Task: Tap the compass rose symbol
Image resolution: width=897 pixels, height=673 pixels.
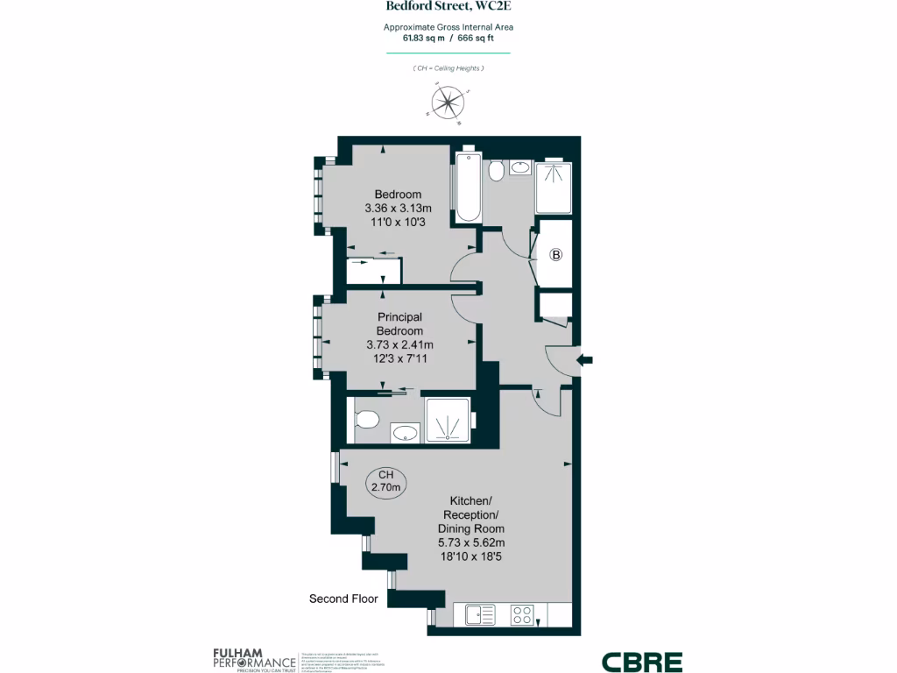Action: pos(448,103)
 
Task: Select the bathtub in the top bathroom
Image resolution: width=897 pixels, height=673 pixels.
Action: pos(468,187)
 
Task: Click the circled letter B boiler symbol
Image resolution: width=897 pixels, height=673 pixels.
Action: pos(555,256)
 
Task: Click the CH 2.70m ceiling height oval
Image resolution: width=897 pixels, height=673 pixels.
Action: pos(386,481)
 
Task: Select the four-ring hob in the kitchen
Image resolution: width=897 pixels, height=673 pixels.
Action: pos(523,613)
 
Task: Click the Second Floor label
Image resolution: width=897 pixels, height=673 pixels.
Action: pos(343,599)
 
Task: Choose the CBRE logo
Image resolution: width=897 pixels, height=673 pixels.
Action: pos(641,662)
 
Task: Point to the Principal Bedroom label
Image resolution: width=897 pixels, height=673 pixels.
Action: pos(399,323)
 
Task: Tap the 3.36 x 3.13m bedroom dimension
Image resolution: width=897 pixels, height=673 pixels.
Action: pos(399,209)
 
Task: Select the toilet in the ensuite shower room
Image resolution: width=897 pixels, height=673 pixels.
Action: pos(365,419)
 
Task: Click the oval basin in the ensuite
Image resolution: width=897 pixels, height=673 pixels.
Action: pos(404,432)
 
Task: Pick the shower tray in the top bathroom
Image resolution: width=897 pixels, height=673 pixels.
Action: pos(552,189)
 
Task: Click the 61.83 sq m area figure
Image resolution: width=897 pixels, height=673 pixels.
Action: pos(425,39)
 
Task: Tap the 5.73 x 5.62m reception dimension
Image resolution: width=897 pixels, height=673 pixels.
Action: pos(471,542)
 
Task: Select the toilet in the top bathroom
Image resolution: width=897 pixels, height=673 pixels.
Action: pos(496,170)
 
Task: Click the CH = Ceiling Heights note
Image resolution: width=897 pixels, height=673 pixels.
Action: pos(448,68)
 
